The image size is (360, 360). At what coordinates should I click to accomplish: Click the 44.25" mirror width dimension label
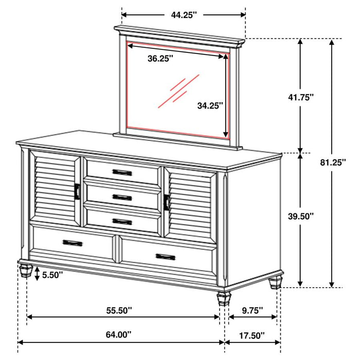[184, 15]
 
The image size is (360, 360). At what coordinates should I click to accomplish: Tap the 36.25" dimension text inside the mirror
[160, 59]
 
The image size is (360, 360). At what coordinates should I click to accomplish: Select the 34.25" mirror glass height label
[210, 105]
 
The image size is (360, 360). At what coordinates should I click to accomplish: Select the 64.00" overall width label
[118, 335]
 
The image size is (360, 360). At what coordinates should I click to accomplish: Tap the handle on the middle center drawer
[122, 197]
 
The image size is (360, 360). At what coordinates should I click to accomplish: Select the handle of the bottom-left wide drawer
[73, 243]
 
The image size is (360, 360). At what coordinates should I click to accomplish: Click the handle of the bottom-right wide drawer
[166, 256]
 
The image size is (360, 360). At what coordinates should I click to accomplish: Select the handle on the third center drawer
[122, 222]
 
